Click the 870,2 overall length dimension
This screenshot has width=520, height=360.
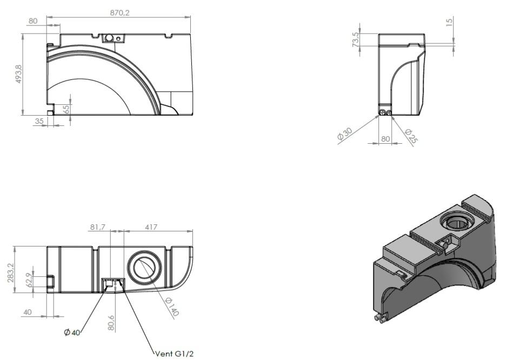coord(119,13)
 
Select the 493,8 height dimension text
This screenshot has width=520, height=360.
coord(18,74)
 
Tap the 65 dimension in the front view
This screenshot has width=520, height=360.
coord(66,109)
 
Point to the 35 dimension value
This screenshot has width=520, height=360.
coord(39,121)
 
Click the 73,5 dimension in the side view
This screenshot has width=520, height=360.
coord(356,39)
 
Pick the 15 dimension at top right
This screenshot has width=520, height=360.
coord(449,22)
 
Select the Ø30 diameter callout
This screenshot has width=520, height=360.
coord(344,134)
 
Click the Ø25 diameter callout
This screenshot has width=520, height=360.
coord(411,136)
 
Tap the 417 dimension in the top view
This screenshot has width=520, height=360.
coord(151,227)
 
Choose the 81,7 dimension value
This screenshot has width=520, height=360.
coord(98,227)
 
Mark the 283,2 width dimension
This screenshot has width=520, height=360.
coord(10,273)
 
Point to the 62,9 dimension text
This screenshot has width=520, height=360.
coord(29,280)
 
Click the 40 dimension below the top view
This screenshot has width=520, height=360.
coord(28,312)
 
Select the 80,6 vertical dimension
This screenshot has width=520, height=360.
coord(111,323)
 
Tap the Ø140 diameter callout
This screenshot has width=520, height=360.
coord(172,306)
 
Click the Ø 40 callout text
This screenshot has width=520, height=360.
coord(72,332)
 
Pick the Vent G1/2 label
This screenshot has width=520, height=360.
coord(174,354)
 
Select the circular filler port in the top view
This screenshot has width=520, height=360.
coord(144,268)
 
